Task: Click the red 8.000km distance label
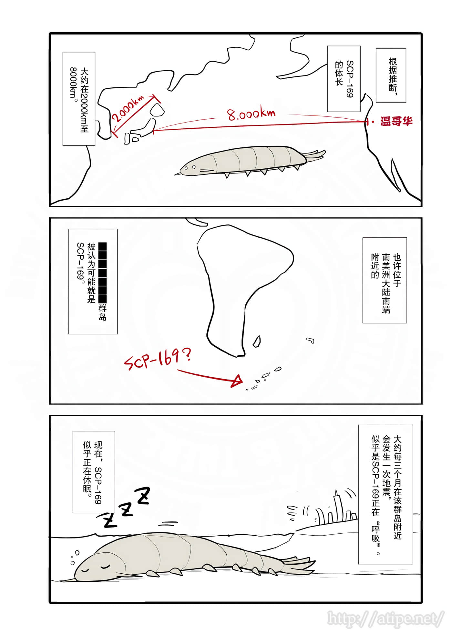click(x=251, y=114)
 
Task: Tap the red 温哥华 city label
click(x=396, y=122)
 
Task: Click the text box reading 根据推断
click(x=391, y=75)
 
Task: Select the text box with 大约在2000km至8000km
click(x=79, y=99)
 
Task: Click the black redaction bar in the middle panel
click(x=102, y=273)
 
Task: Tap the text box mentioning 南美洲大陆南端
click(x=385, y=280)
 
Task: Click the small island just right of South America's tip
click(x=257, y=341)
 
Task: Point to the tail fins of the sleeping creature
click(x=299, y=565)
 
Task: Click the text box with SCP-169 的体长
click(x=344, y=79)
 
